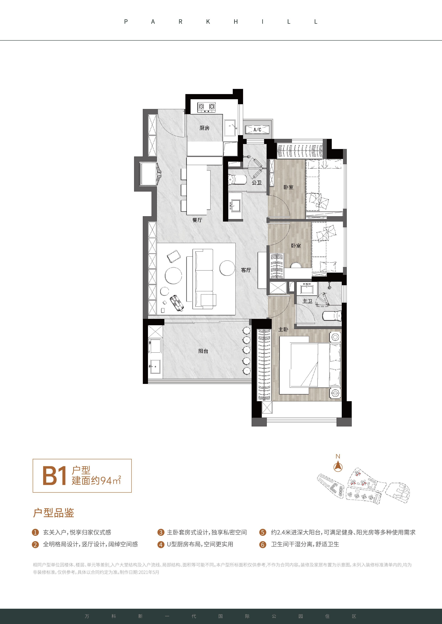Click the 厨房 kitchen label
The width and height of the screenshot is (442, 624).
(204, 128)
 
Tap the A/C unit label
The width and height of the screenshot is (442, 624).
(257, 130)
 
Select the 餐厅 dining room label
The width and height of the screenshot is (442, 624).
(197, 220)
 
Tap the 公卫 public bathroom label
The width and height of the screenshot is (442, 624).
(256, 183)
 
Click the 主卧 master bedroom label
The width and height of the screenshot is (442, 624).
(283, 329)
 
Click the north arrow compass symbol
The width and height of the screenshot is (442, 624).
(338, 467)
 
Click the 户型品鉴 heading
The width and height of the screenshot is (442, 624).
(54, 513)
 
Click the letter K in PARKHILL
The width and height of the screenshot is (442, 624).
(208, 22)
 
